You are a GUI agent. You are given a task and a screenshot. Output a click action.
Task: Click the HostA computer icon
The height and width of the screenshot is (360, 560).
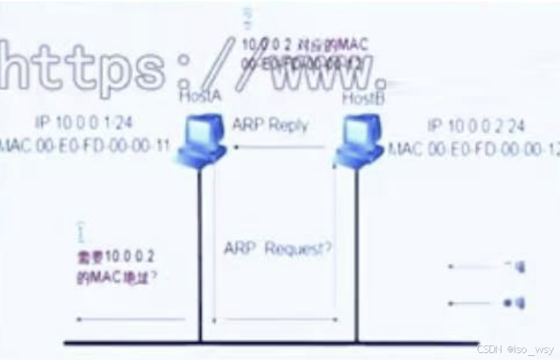coord(200,139)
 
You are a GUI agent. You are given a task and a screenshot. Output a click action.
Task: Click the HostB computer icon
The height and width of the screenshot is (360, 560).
coord(359,140)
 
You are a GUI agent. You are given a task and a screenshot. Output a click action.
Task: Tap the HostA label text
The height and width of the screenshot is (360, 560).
coord(200,96)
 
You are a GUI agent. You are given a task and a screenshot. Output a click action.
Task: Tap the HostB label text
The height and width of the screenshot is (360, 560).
coord(363,98)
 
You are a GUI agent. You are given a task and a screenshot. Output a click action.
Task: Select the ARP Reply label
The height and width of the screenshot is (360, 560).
coord(270,126)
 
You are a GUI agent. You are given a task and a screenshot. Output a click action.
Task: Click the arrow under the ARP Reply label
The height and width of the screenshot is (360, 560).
coord(279,147)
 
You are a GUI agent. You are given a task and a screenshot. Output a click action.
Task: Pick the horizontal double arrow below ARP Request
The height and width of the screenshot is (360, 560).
coord(275,320)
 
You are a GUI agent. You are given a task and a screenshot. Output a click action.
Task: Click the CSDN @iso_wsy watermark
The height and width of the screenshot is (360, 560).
coord(515,349)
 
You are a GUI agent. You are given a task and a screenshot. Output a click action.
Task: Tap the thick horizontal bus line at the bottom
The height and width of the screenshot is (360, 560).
coord(279,343)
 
